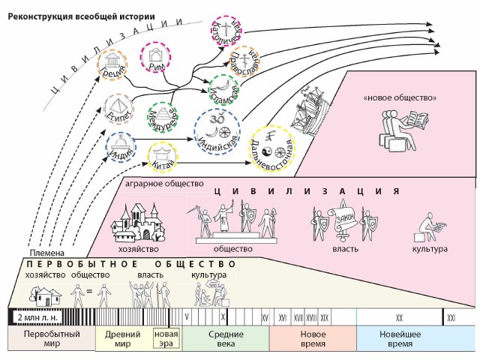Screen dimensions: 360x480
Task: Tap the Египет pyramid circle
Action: [x=118, y=110]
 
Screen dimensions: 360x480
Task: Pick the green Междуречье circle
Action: [x=165, y=118]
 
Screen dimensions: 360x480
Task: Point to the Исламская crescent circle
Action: [x=225, y=91]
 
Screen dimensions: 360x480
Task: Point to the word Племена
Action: [x=43, y=253]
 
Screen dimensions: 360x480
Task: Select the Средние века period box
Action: [x=226, y=338]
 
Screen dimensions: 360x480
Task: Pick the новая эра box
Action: [x=166, y=338]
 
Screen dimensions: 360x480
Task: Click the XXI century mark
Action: [x=451, y=317]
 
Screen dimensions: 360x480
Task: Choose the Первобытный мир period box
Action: [x=50, y=338]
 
